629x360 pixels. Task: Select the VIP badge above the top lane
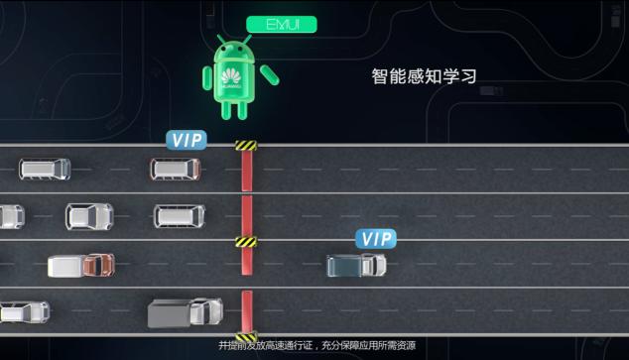point(187,140)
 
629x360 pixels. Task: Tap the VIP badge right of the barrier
point(376,238)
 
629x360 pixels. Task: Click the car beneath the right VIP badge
point(356,265)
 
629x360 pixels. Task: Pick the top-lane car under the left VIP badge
point(176,169)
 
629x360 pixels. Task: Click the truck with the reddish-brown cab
point(81,266)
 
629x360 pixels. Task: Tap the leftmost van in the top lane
point(45,169)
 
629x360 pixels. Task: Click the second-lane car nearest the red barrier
point(179,216)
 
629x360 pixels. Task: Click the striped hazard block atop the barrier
point(245,146)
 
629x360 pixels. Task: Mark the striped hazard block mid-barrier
point(245,241)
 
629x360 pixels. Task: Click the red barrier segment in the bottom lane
point(245,309)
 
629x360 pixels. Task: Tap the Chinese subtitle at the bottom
point(316,345)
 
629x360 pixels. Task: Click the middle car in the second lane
point(89,216)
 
